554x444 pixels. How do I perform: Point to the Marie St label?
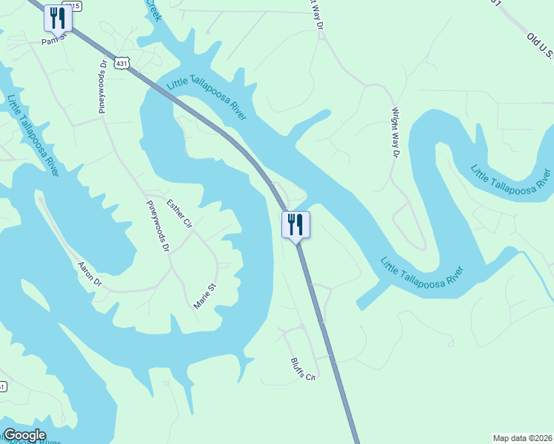tap(204, 296)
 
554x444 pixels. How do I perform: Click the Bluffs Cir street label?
tap(303, 368)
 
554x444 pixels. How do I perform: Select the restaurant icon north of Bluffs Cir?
tap(296, 224)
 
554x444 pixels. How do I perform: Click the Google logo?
tap(24, 435)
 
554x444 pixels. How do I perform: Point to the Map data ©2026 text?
tap(521, 438)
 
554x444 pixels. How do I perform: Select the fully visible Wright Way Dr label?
tap(395, 134)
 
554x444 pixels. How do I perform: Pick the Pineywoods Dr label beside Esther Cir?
tap(158, 226)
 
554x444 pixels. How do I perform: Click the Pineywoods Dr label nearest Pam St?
tap(103, 88)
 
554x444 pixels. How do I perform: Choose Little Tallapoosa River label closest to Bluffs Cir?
tap(425, 272)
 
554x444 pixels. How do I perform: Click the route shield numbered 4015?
tap(71, 6)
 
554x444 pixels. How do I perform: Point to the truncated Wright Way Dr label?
tap(316, 13)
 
